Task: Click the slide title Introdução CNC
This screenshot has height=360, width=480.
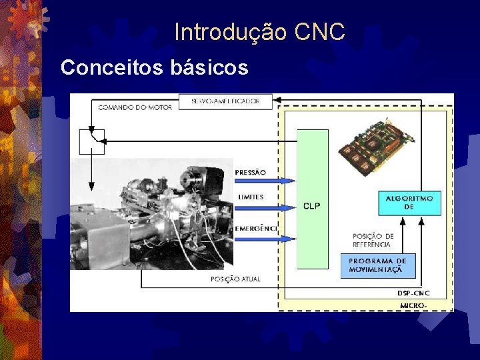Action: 259,31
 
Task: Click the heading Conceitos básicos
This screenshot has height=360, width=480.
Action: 154,67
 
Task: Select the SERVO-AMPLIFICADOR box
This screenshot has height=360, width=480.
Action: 225,101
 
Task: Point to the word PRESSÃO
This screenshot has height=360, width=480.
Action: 250,172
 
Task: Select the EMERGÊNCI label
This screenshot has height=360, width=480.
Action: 255,229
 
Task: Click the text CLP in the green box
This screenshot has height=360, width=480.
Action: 311,205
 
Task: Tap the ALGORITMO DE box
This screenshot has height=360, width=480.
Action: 409,203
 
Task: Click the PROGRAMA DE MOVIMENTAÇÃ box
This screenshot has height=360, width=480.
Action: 377,265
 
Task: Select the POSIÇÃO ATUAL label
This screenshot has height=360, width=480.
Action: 235,279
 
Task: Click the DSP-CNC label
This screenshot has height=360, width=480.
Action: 413,293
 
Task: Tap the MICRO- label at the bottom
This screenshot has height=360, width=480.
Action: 413,305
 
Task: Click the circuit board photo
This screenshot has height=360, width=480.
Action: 377,146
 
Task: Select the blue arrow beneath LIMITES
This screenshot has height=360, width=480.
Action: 264,207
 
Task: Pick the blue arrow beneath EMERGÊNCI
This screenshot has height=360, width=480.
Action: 264,239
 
